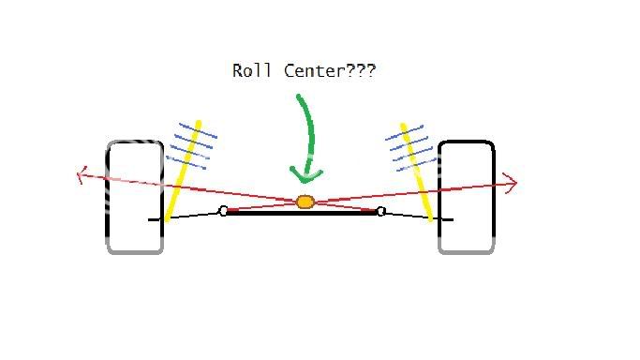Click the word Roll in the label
point(249,70)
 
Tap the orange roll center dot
point(305,202)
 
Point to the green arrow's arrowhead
point(305,175)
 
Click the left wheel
point(135,196)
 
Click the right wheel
point(466,196)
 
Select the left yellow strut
point(183,173)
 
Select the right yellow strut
point(417,173)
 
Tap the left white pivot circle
point(223,211)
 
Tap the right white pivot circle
point(381,211)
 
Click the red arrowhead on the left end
point(82,172)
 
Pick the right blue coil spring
point(409,150)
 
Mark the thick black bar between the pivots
point(302,213)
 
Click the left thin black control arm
point(192,216)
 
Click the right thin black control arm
point(412,216)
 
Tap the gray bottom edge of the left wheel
point(135,250)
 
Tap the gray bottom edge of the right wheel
point(466,250)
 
